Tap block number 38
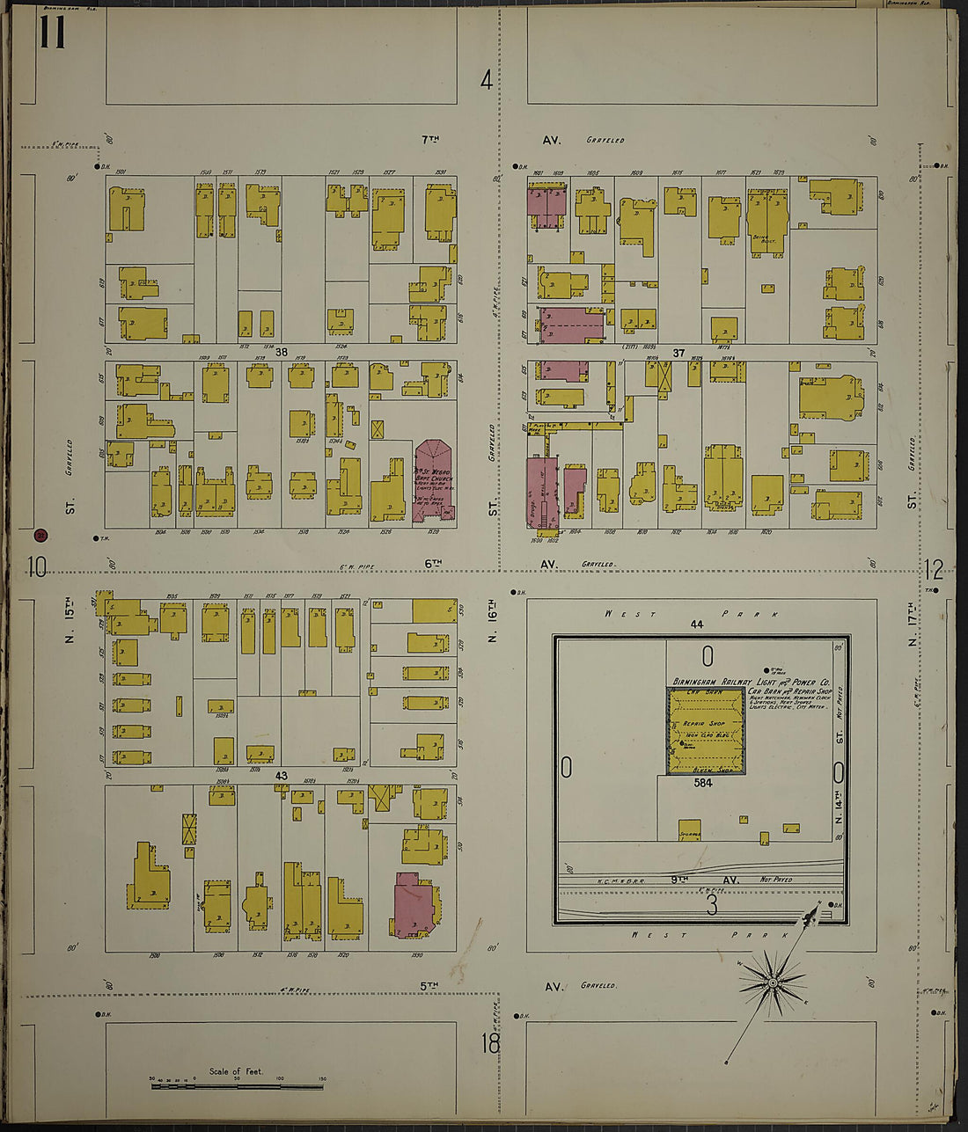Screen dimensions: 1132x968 [282, 352]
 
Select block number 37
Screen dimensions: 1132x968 [678, 353]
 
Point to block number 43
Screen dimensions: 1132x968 [282, 776]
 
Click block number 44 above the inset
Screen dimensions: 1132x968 [697, 624]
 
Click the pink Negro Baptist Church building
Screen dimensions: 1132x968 [433, 482]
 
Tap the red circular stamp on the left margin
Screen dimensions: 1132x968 [40, 535]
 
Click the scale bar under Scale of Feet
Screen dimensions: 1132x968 [238, 1086]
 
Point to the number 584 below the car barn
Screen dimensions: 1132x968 [702, 782]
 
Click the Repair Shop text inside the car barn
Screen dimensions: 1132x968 [704, 723]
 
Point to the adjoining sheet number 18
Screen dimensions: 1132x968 [490, 1044]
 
